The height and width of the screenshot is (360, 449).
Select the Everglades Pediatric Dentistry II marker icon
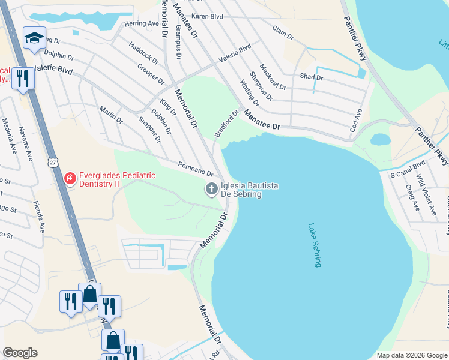[70, 179]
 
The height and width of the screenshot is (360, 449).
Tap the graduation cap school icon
[34, 38]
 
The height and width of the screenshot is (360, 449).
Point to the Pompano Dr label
[196, 169]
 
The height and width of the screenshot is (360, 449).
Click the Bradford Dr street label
[228, 122]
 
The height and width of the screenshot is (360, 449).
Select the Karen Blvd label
[207, 16]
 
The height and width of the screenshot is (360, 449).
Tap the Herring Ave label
[142, 23]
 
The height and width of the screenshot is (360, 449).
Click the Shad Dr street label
[312, 77]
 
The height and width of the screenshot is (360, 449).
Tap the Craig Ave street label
[412, 197]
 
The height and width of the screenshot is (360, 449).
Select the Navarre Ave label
[25, 143]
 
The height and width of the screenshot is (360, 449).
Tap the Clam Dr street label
[282, 32]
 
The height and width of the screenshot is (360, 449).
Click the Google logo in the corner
[20, 353]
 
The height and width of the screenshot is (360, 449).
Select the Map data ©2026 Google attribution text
[412, 355]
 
